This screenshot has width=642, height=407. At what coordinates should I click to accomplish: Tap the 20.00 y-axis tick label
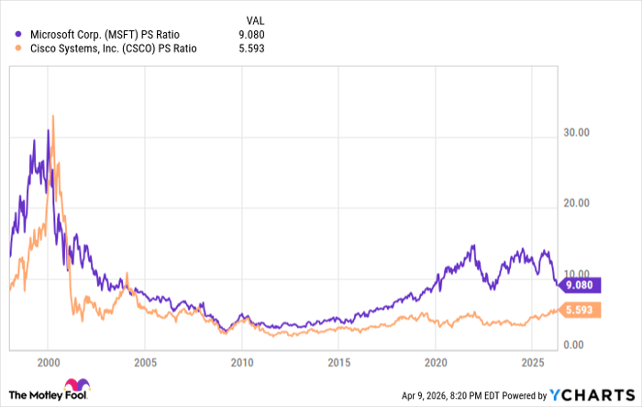(x=577, y=203)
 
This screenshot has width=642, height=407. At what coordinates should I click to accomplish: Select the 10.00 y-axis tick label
(x=577, y=274)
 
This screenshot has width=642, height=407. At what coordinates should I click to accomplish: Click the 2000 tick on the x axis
(x=49, y=361)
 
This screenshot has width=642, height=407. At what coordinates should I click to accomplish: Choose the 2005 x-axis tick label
(x=145, y=361)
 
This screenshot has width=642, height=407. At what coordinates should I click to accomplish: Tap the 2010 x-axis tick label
(x=242, y=361)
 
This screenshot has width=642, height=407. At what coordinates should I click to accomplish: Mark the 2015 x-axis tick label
(x=338, y=361)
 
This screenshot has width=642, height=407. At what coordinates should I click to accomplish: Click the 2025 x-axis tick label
(x=532, y=361)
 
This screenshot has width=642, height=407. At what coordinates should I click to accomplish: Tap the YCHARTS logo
(x=592, y=394)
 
